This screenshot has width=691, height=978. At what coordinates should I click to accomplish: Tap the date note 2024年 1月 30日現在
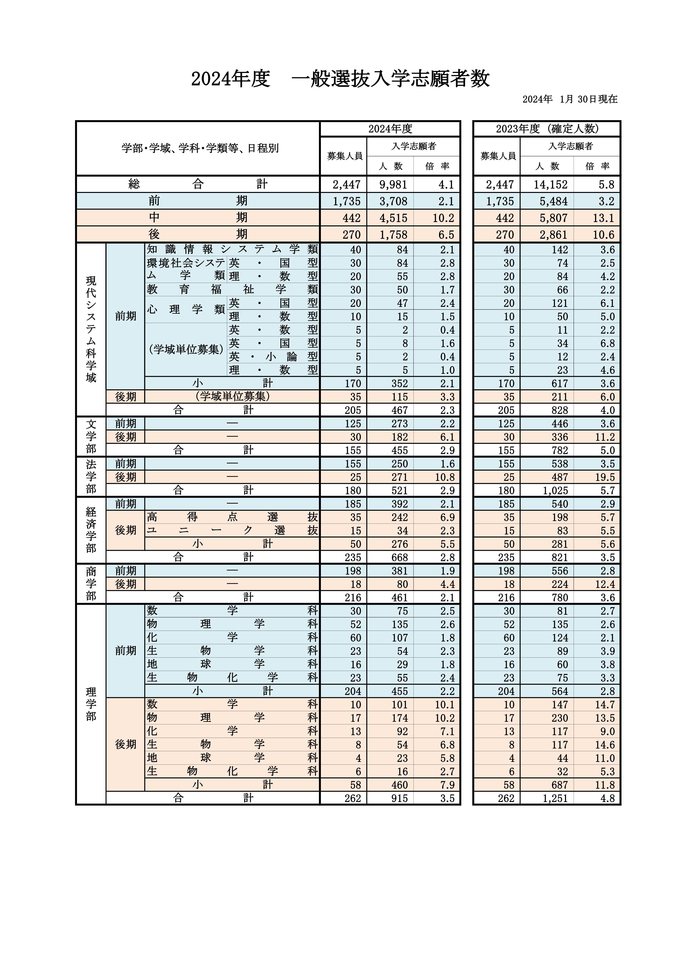coord(570,99)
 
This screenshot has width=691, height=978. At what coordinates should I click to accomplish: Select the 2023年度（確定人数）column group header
coord(547,129)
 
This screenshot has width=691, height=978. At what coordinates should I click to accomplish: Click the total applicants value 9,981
coord(393,184)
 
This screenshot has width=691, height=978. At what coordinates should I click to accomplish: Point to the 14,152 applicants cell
coord(551,184)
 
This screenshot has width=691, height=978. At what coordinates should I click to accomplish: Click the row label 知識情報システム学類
coord(232,249)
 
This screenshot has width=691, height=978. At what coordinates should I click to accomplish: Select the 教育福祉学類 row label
coord(232,290)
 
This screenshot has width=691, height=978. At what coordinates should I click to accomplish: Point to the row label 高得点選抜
coord(232,517)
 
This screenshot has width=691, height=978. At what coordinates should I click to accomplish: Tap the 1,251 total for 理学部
coord(555,798)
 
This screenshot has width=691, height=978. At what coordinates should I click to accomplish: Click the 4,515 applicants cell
coord(393,218)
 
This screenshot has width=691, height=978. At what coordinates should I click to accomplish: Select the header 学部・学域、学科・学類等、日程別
coord(200,148)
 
